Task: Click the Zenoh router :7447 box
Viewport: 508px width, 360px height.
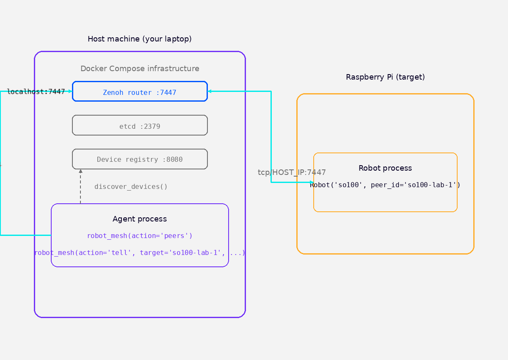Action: pyautogui.click(x=140, y=91)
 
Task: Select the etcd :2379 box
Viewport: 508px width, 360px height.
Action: pyautogui.click(x=140, y=125)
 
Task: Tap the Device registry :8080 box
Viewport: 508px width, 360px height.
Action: pyautogui.click(x=140, y=159)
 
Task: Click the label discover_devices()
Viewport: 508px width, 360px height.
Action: pyautogui.click(x=131, y=187)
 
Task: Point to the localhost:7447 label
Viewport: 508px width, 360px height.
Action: pyautogui.click(x=36, y=92)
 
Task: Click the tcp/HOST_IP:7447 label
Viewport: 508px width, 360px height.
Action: pyautogui.click(x=292, y=172)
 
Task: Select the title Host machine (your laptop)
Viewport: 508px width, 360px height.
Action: pyautogui.click(x=140, y=39)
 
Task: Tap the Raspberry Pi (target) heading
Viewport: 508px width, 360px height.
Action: pyautogui.click(x=385, y=77)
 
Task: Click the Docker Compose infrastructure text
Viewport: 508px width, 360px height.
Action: pyautogui.click(x=140, y=69)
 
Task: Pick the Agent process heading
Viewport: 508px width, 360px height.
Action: pyautogui.click(x=140, y=219)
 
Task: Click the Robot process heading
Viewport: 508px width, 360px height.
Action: pyautogui.click(x=385, y=168)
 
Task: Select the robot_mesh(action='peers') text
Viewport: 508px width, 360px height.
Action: pyautogui.click(x=140, y=236)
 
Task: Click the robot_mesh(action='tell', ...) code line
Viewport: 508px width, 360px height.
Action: pyautogui.click(x=140, y=253)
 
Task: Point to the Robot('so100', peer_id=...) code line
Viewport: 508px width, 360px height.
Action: pyautogui.click(x=385, y=185)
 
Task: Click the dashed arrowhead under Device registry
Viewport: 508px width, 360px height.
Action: pyautogui.click(x=80, y=172)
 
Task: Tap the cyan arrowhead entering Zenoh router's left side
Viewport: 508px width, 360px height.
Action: pyautogui.click(x=70, y=91)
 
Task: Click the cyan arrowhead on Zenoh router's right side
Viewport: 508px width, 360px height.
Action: pyautogui.click(x=210, y=91)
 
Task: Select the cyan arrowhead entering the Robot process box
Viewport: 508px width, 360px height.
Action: pyautogui.click(x=312, y=183)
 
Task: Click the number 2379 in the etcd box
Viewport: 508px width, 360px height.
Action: pyautogui.click(x=152, y=127)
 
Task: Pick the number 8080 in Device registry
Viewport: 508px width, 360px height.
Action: pyautogui.click(x=174, y=160)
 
